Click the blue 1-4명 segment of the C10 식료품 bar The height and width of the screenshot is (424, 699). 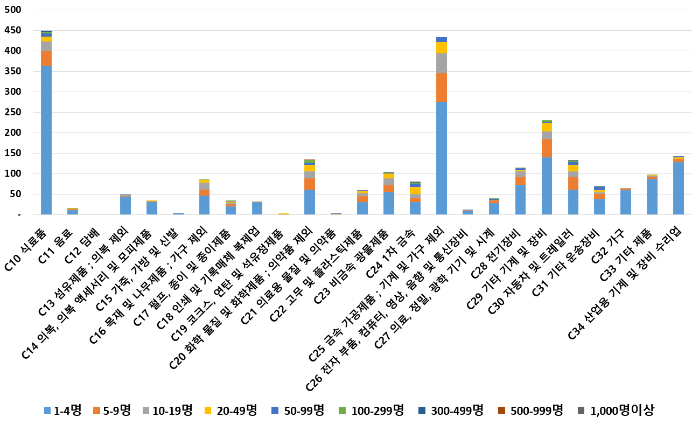tap(46, 140)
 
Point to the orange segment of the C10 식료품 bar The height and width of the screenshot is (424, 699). tap(46, 58)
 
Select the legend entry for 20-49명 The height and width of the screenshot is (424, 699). tap(232, 411)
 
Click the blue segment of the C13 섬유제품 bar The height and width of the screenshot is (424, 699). tap(125, 205)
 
